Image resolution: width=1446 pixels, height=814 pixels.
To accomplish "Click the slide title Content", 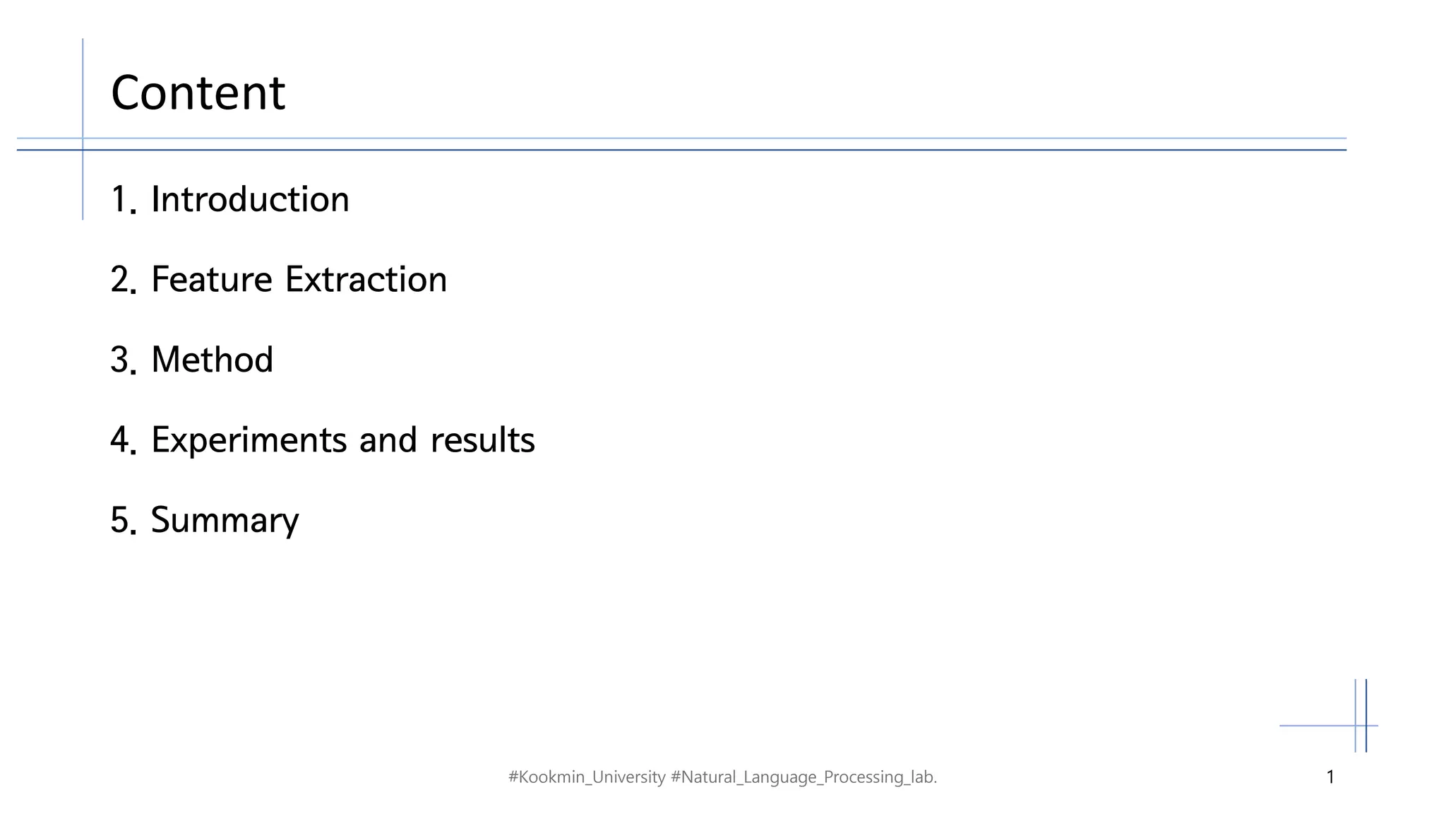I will (198, 93).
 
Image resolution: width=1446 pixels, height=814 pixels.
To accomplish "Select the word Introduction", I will (250, 200).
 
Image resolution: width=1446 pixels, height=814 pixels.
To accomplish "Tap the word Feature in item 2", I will (211, 280).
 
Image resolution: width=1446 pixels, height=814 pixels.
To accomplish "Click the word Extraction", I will (366, 280).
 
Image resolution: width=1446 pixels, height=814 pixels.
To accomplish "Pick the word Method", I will (212, 360).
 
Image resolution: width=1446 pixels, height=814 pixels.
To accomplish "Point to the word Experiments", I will (249, 441).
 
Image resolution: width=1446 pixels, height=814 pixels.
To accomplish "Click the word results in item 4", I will (482, 440).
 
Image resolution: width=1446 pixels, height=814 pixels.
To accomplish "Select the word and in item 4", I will (388, 440).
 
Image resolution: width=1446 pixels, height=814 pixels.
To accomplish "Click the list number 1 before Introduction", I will (119, 200).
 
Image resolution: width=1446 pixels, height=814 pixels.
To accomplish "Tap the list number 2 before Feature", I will (120, 280).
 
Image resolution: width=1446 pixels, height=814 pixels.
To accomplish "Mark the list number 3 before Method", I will (120, 360).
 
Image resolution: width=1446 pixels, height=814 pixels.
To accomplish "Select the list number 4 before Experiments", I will (120, 440).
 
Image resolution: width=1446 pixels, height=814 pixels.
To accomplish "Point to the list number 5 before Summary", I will (120, 521).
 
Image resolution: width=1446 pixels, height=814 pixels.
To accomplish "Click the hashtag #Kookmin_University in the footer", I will (587, 777).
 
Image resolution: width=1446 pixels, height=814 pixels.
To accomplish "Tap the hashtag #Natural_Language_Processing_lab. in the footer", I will (803, 777).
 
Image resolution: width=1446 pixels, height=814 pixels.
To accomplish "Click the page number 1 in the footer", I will (1330, 777).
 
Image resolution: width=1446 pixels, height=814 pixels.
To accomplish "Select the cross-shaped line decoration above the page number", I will (1361, 725).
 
